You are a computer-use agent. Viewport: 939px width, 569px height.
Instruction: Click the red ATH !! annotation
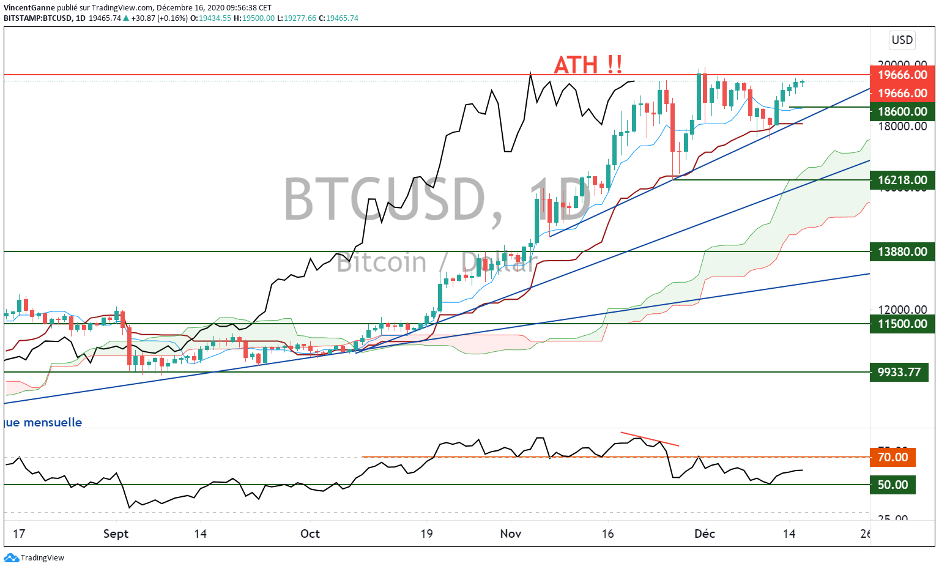(x=588, y=64)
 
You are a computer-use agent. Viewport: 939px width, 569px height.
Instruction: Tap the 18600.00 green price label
(x=902, y=111)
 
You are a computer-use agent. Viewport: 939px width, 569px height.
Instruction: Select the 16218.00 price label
(x=902, y=180)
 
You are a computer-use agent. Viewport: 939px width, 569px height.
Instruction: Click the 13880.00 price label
(x=902, y=251)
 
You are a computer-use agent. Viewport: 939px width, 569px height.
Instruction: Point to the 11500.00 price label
(x=902, y=324)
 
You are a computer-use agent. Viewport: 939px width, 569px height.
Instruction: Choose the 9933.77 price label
(x=899, y=372)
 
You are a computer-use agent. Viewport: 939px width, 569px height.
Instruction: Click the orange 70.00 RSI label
(x=893, y=457)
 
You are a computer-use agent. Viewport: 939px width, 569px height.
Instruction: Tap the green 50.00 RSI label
(x=893, y=485)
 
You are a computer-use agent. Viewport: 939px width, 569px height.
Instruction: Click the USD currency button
(x=902, y=40)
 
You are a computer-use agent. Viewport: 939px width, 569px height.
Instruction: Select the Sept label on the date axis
(x=116, y=534)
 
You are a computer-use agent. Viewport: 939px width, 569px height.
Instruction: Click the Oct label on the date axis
(x=310, y=534)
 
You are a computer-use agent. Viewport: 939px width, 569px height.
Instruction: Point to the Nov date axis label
(x=511, y=534)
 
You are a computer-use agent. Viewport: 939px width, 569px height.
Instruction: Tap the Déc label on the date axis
(x=705, y=534)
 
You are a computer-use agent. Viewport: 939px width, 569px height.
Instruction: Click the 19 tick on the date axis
(x=426, y=534)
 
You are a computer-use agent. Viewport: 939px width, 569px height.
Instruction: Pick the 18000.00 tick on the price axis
(x=902, y=126)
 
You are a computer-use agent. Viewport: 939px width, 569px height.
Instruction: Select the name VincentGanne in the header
(x=29, y=8)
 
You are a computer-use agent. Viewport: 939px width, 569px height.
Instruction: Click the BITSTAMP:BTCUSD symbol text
(x=38, y=18)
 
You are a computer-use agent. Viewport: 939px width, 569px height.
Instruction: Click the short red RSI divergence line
(x=650, y=439)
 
